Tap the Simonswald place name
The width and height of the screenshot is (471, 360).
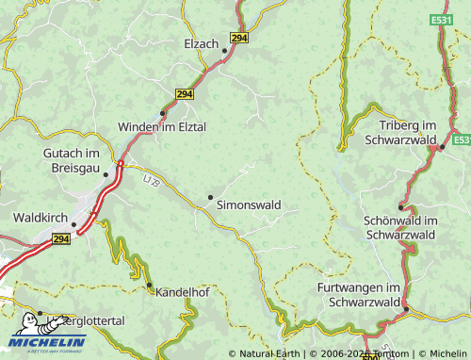pos(248,204)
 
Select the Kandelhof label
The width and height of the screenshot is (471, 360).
pos(183,292)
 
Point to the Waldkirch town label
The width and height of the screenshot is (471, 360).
pos(40,217)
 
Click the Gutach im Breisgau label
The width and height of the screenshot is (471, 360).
pos(71,160)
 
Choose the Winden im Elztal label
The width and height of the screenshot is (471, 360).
pos(161,126)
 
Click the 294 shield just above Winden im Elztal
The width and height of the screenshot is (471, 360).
pos(185,94)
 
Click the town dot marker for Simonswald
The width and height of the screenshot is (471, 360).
pos(210,196)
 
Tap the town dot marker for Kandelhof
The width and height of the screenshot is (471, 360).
pos(149,285)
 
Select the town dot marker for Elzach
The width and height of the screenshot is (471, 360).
pos(225,51)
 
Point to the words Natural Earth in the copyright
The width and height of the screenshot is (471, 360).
pos(270,354)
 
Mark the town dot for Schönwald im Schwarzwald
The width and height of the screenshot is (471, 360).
pos(400,206)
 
